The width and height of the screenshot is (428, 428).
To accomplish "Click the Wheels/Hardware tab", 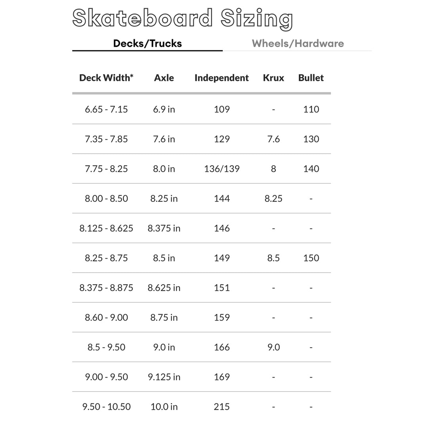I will pyautogui.click(x=298, y=44).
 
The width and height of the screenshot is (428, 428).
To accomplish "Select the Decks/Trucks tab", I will pyautogui.click(x=147, y=44).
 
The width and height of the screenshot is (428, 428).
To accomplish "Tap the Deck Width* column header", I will pyautogui.click(x=106, y=78).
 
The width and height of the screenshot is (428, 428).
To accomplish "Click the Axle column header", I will pyautogui.click(x=164, y=78).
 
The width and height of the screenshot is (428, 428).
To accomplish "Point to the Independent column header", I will pyautogui.click(x=222, y=78).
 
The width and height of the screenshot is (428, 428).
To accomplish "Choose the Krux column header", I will pyautogui.click(x=273, y=78).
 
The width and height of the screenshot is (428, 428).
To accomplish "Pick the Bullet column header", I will pyautogui.click(x=311, y=78).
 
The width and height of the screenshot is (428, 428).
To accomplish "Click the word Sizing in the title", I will pyautogui.click(x=257, y=19).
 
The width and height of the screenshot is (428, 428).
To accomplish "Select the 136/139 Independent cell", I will pyautogui.click(x=222, y=169).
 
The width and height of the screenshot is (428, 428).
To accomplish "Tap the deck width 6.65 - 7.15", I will pyautogui.click(x=106, y=109).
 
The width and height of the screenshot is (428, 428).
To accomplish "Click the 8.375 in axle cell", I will pyautogui.click(x=164, y=228).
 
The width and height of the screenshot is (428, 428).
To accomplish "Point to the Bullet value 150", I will pyautogui.click(x=311, y=258).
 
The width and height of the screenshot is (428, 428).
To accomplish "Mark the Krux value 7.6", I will pyautogui.click(x=273, y=139).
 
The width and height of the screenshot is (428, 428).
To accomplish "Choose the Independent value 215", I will pyautogui.click(x=222, y=407).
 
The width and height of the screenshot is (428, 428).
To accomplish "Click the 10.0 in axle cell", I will pyautogui.click(x=164, y=407).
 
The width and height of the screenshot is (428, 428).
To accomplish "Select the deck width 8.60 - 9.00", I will pyautogui.click(x=106, y=317).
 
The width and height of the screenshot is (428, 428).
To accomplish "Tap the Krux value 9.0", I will pyautogui.click(x=273, y=347).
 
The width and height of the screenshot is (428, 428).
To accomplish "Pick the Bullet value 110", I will pyautogui.click(x=311, y=109).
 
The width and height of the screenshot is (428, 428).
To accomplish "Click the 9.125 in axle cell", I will pyautogui.click(x=164, y=377).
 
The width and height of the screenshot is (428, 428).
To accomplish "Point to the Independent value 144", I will pyautogui.click(x=222, y=199).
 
